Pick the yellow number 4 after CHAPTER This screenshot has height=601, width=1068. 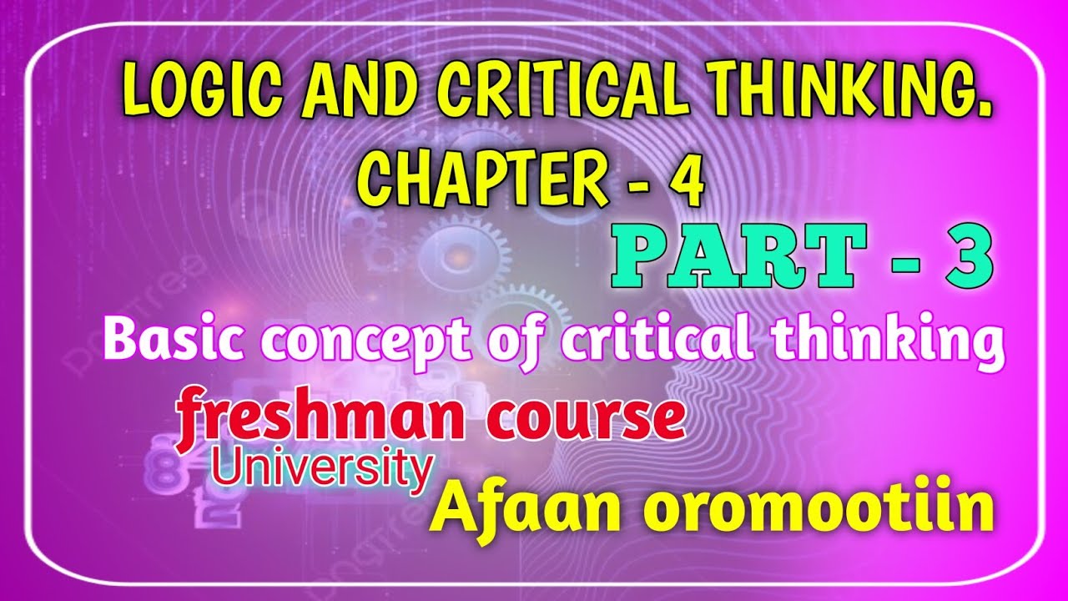(x=689, y=182)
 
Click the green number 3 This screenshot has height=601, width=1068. (x=965, y=260)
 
